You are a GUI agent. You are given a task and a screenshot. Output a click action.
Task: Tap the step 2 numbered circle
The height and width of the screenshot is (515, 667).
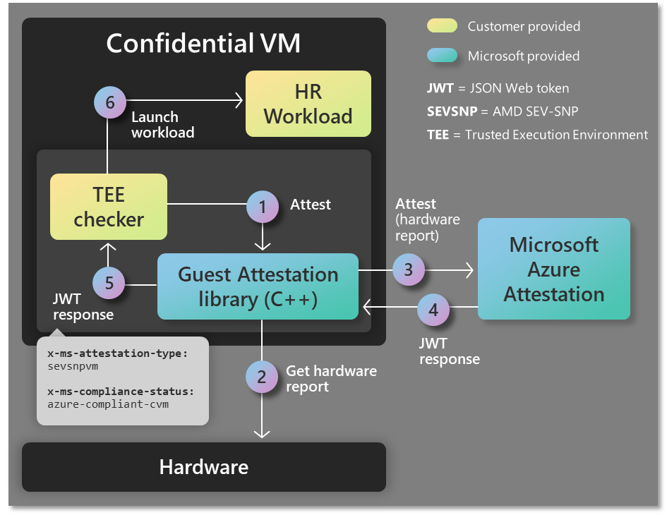(x=262, y=377)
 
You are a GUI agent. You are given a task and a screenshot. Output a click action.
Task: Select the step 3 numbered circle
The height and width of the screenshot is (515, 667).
(x=408, y=269)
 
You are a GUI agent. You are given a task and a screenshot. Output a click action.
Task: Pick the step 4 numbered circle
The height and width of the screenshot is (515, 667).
(x=433, y=309)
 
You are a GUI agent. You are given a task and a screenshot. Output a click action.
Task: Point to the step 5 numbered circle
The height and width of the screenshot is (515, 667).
(x=109, y=284)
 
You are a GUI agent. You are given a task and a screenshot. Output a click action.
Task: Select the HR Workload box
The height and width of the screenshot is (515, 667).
(x=308, y=104)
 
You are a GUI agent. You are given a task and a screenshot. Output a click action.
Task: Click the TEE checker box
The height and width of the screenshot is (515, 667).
(x=109, y=207)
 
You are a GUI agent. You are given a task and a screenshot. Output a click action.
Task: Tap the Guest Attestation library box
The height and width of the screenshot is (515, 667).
(x=258, y=286)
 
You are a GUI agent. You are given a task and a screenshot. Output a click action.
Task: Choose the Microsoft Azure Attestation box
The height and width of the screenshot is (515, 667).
(x=553, y=269)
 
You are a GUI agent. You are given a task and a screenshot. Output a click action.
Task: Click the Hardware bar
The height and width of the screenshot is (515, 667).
(x=203, y=467)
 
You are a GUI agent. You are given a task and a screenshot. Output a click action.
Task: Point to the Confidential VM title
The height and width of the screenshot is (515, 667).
(x=203, y=44)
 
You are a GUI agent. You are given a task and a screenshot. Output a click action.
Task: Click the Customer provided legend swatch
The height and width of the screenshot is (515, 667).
(x=441, y=26)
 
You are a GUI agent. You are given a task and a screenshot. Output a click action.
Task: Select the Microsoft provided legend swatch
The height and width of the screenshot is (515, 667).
(x=441, y=56)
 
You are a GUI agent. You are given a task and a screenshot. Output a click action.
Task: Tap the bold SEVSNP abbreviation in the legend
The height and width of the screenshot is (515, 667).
(x=447, y=111)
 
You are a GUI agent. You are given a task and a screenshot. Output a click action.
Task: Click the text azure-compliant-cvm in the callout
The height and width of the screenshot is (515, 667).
(x=108, y=404)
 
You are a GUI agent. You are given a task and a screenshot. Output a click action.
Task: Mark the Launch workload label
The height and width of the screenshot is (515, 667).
(x=162, y=124)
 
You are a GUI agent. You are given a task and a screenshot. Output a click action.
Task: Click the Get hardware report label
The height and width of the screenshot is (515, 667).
(x=331, y=378)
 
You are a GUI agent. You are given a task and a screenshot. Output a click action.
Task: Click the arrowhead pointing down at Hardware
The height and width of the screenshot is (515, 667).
(x=262, y=432)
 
